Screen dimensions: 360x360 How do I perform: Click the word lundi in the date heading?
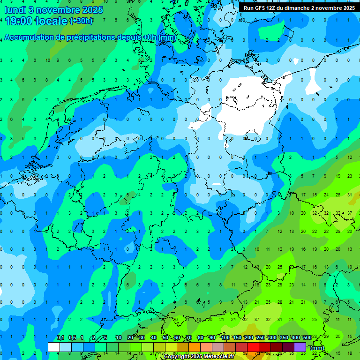(15, 9)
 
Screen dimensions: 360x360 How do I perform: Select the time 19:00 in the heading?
(19, 21)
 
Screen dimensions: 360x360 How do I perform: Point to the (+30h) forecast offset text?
(81, 21)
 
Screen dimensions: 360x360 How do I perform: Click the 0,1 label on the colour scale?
(60, 338)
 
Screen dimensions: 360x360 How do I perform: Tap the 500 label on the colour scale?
(307, 338)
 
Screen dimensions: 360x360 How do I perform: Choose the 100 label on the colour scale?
(225, 338)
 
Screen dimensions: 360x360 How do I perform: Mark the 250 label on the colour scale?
(260, 338)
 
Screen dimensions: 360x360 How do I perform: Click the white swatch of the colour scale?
(53, 347)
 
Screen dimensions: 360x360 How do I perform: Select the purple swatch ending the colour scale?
(300, 347)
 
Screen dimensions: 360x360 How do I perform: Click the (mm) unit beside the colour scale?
(317, 348)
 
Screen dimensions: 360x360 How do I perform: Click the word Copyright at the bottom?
(178, 357)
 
